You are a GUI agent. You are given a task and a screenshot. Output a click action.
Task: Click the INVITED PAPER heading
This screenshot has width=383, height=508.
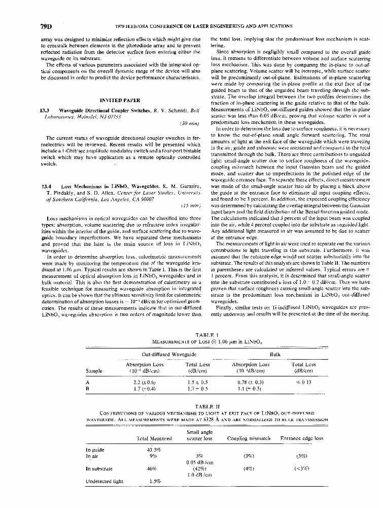117,101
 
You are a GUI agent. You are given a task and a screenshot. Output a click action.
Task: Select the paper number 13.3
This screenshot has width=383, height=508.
44,110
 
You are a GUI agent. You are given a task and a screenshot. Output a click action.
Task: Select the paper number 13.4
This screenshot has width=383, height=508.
44,187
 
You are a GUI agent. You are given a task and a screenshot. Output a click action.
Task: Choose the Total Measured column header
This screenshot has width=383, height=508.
155,438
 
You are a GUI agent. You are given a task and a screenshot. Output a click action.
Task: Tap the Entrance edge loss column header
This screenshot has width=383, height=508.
301,438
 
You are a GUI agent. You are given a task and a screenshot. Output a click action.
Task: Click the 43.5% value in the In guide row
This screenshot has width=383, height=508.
154,450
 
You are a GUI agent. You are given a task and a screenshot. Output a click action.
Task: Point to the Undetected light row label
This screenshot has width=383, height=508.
104,481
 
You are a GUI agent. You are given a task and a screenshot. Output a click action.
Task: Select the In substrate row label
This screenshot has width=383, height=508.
99,468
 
